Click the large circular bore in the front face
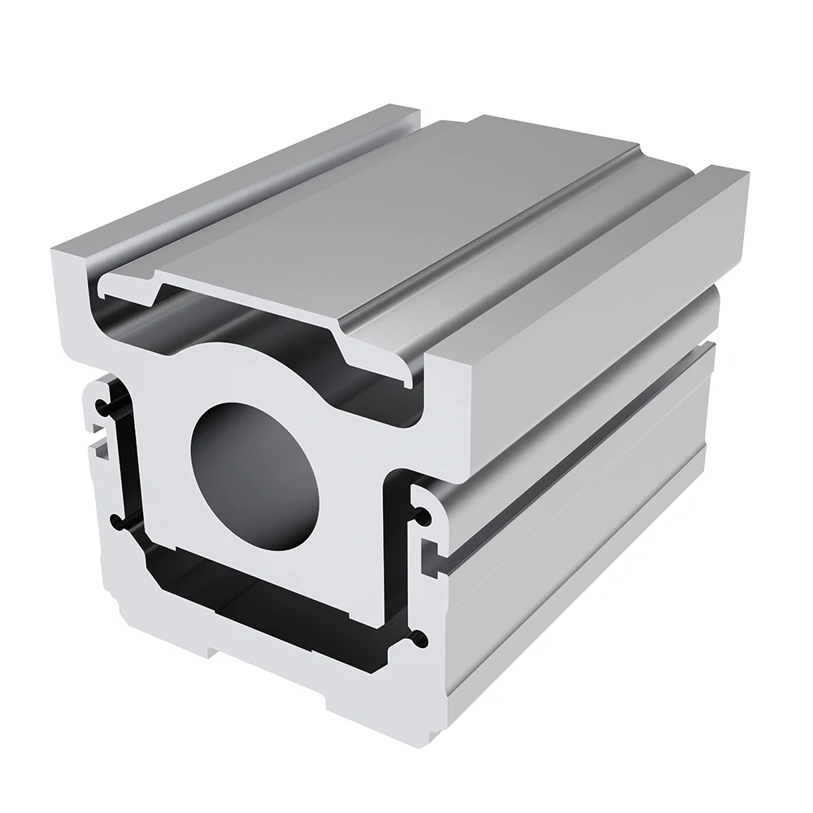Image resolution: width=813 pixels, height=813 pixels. click(254, 474)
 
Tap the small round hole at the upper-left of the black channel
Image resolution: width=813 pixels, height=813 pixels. click(100, 405)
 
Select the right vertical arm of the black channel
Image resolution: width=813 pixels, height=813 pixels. click(395, 569)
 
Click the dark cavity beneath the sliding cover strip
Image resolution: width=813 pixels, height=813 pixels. click(244, 325)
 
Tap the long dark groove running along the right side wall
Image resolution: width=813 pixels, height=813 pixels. click(569, 488)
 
